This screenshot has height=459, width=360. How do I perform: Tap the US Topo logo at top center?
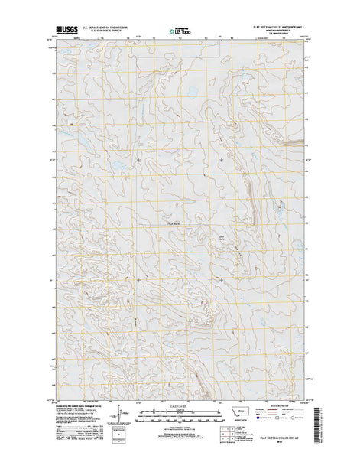coord(180,31)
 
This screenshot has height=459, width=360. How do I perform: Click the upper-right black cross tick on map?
coord(222,159)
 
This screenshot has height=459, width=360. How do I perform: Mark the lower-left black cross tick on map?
coord(138,280)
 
